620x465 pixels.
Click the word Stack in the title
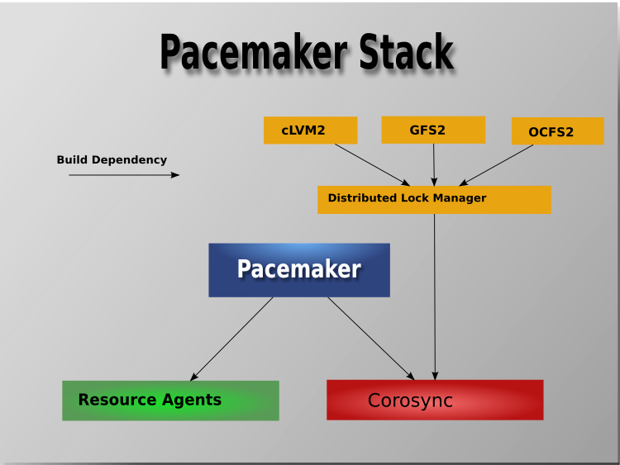tap(406, 53)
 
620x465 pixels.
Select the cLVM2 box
tap(310, 130)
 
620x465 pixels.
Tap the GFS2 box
tap(432, 130)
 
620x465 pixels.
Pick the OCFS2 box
tap(557, 131)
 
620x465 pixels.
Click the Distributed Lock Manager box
tap(434, 199)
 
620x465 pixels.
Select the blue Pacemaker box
tap(298, 269)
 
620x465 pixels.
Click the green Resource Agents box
tap(170, 401)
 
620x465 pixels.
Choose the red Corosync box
tap(435, 401)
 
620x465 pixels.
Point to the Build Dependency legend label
tap(112, 160)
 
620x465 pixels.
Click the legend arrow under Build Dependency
tap(123, 175)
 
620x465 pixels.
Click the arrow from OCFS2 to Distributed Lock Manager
tap(496, 165)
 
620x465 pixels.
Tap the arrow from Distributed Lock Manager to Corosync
tap(435, 297)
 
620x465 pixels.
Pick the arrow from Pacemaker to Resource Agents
tap(231, 339)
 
